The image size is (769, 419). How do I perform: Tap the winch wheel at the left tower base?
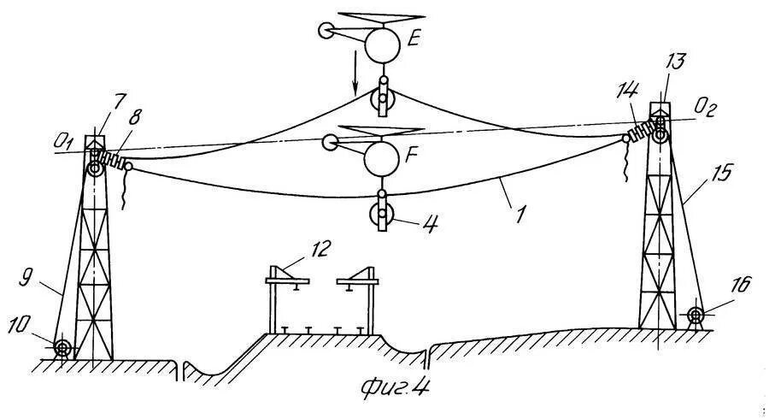[x=62, y=348]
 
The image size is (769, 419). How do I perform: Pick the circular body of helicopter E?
[x=382, y=44]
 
